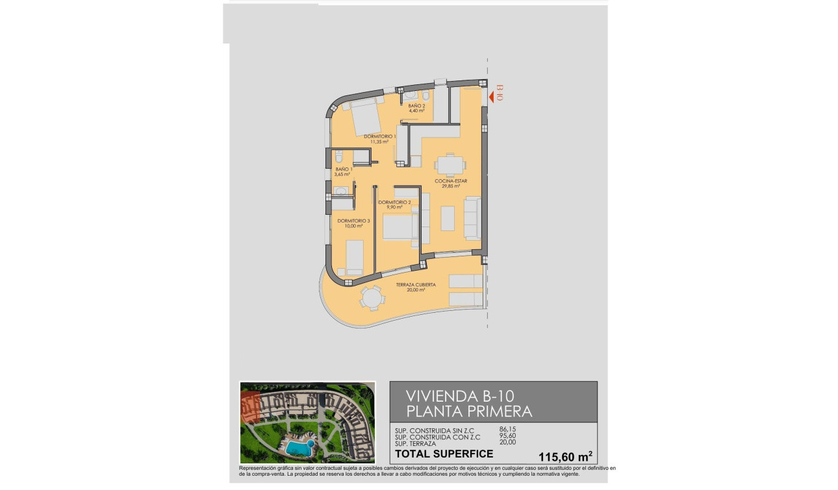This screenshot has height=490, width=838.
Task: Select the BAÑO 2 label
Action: click(416, 106)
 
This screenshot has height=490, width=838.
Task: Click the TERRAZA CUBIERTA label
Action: click(416, 285)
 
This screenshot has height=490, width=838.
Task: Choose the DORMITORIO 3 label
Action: click(353, 221)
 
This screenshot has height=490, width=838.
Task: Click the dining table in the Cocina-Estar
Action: click(449, 164)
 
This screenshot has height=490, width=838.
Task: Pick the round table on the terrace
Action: click(373, 299)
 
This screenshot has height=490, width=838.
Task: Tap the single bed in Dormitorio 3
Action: click(354, 256)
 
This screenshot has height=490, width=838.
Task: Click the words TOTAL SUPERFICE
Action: click(444, 454)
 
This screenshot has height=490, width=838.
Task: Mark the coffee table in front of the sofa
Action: click(448, 218)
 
